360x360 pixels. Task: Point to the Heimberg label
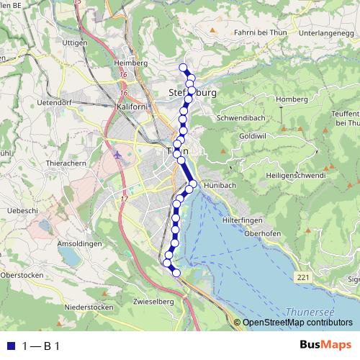[x=130, y=63]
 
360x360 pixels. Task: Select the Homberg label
[x=292, y=99]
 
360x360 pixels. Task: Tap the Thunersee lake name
[x=311, y=311]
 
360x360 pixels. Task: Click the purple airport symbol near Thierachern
[x=119, y=155]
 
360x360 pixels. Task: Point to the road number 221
[x=303, y=276]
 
